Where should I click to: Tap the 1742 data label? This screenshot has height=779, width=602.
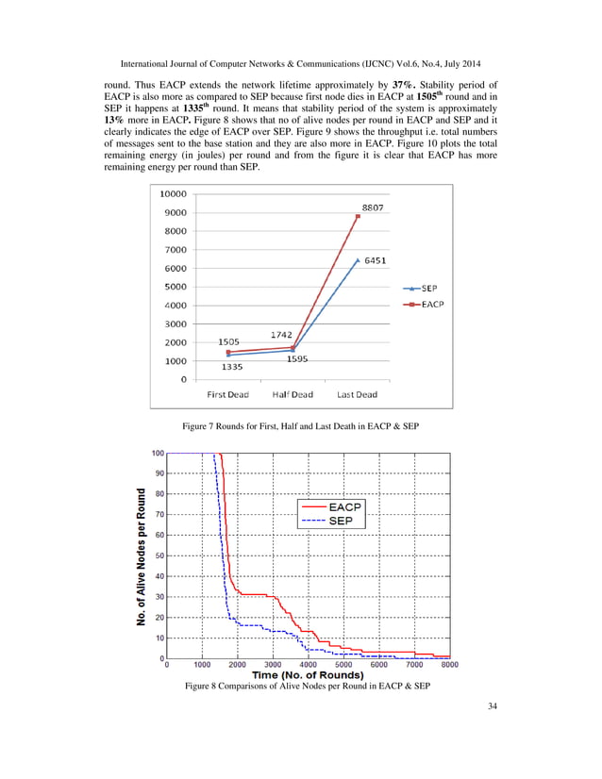pyautogui.click(x=280, y=334)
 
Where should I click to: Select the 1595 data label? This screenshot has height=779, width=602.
pyautogui.click(x=299, y=359)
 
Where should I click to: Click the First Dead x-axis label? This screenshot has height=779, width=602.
pyautogui.click(x=228, y=394)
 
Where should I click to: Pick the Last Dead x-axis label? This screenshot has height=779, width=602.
pyautogui.click(x=357, y=394)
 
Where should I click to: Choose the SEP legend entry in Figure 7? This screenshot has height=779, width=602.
pyautogui.click(x=424, y=288)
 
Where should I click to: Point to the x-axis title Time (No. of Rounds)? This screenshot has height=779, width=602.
pyautogui.click(x=308, y=675)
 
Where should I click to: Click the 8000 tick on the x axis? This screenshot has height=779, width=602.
pyautogui.click(x=450, y=665)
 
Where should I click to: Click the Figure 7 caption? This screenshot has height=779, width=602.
pyautogui.click(x=300, y=428)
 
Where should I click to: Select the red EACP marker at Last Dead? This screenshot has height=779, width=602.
pyautogui.click(x=358, y=216)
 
